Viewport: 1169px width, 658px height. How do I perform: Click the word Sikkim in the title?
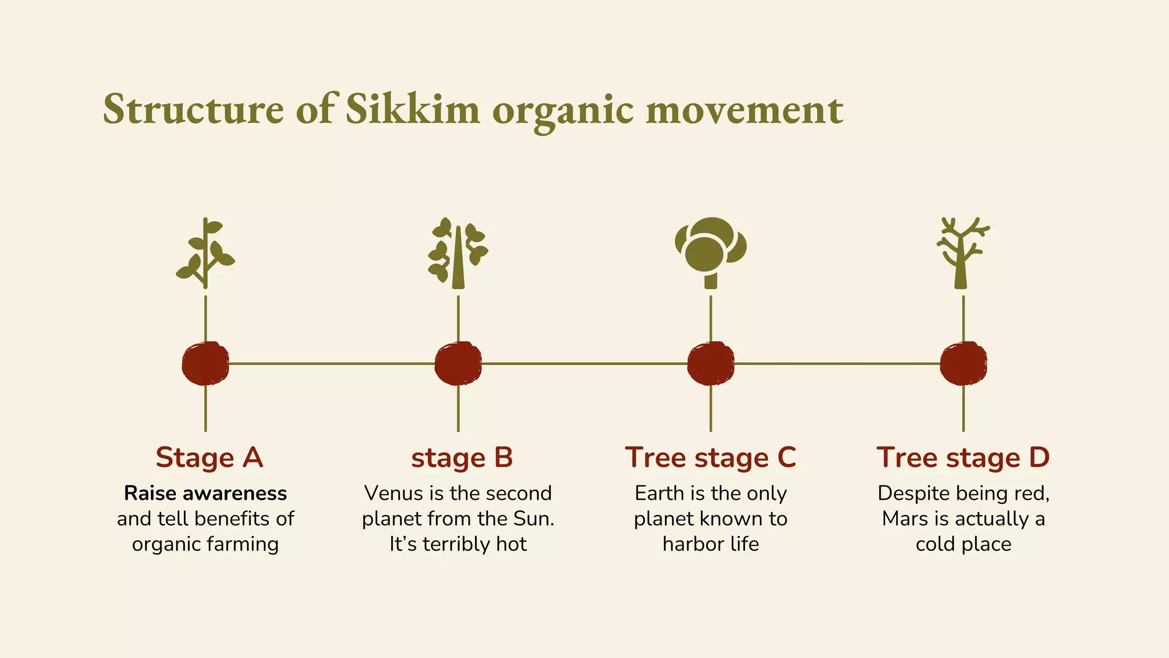412,109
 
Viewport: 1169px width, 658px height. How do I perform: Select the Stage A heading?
209,458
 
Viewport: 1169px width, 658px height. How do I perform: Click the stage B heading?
462,458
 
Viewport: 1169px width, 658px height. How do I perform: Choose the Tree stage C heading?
710,458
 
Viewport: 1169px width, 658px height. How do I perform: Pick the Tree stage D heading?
963,458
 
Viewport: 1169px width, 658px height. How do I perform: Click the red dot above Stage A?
205,363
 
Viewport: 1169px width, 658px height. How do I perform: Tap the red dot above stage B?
458,363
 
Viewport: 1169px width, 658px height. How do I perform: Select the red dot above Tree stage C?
711,363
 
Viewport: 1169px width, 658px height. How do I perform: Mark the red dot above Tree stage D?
964,363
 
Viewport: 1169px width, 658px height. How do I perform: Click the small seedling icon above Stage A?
205,253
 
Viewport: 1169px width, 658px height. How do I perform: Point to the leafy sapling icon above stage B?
458,253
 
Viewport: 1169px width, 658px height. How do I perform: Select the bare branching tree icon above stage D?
963,253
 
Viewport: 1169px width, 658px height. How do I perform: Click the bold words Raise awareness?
205,493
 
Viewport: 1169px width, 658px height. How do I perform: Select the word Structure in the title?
193,109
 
